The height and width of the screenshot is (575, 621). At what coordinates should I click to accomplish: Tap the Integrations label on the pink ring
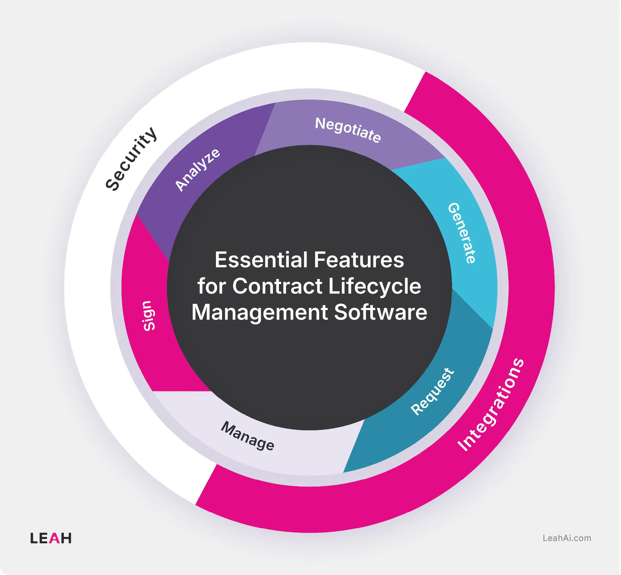tap(491, 405)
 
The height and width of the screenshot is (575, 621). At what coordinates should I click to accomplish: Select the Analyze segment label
tap(198, 170)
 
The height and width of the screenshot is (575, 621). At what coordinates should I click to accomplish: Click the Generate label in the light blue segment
tap(462, 233)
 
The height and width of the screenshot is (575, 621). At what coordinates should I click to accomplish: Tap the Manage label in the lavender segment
tap(248, 436)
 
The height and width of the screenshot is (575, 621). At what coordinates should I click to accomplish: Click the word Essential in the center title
tap(261, 260)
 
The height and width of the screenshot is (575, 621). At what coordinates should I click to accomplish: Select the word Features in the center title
tap(359, 260)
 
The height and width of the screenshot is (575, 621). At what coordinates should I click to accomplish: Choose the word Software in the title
tap(381, 312)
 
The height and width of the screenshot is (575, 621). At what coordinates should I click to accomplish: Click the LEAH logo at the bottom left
tap(51, 538)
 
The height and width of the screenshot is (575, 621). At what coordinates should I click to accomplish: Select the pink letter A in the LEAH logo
tap(54, 538)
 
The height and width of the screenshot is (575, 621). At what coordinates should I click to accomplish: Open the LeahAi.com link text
tap(567, 538)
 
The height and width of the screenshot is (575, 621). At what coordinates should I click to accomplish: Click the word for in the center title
tap(212, 286)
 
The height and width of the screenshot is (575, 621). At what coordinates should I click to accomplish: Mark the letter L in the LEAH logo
tap(33, 538)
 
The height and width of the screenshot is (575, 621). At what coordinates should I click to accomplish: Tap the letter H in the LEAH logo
tap(66, 538)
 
